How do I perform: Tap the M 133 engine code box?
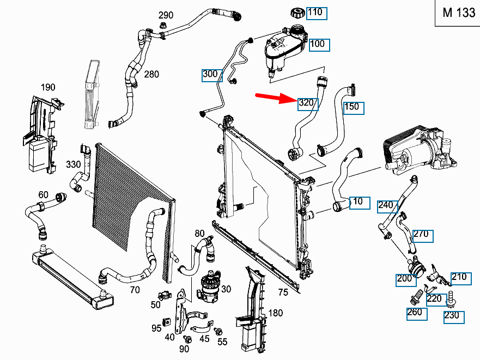(x=458, y=14)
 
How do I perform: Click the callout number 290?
(x=166, y=15)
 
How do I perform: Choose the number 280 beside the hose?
(x=151, y=74)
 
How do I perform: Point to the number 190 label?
(x=48, y=87)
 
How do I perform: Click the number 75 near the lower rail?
(x=283, y=292)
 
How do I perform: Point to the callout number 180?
(x=276, y=313)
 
